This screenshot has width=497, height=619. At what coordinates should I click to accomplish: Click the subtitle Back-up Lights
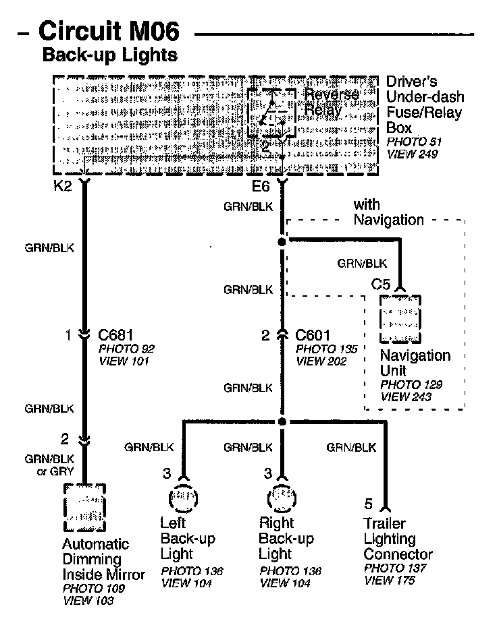tap(110, 55)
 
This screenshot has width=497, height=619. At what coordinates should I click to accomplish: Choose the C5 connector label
tap(382, 284)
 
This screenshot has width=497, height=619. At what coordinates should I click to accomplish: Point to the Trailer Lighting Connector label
tap(398, 539)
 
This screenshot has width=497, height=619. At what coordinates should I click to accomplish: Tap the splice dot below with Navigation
tap(282, 240)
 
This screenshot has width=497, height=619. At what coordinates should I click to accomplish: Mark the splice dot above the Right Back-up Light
tap(282, 422)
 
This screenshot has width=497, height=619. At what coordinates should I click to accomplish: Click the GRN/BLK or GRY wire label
tap(49, 465)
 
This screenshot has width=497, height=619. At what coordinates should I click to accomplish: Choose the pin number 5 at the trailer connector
tap(368, 504)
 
